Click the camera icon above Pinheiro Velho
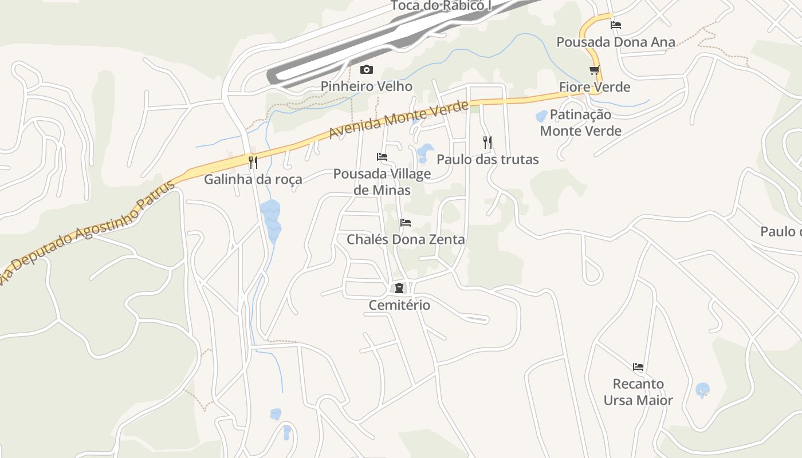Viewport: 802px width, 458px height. point(366,70)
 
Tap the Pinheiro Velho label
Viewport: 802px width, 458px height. point(366,86)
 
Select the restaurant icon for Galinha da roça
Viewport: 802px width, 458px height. point(253,163)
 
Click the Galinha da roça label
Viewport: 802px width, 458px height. point(253,179)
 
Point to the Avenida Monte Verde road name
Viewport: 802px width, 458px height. point(399,120)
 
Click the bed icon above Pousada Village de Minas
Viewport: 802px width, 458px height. point(382,157)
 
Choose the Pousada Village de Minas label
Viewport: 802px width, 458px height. point(382,181)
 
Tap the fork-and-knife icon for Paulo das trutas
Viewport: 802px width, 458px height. point(488,143)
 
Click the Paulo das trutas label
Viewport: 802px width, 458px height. point(488,159)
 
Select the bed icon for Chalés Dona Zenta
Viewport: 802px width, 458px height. point(406,223)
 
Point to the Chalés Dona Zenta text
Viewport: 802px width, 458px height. point(406,239)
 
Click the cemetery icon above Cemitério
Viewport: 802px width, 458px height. point(399,289)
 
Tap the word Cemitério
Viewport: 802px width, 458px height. point(399,305)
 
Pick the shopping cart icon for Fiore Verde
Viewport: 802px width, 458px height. point(595,70)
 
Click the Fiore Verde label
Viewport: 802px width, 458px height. point(595,87)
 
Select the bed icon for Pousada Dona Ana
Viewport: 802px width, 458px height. point(616,25)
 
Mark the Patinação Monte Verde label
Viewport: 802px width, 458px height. point(580,123)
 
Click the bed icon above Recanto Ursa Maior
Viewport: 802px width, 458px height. point(638,367)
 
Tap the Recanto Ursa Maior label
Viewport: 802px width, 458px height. point(638,392)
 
